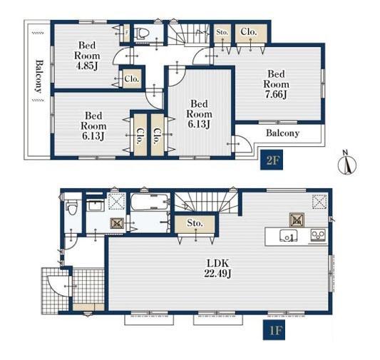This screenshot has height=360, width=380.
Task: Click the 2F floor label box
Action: click(x=272, y=160)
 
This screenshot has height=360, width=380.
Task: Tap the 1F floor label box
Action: click(x=274, y=330)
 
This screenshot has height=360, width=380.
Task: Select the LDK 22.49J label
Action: click(x=217, y=268)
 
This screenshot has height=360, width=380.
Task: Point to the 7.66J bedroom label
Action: click(x=277, y=84)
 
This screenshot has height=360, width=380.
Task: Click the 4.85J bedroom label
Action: click(x=87, y=56)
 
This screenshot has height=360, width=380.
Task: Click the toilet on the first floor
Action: click(x=72, y=208)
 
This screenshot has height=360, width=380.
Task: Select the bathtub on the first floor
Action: click(x=150, y=202)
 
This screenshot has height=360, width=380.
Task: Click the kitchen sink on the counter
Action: click(x=289, y=236)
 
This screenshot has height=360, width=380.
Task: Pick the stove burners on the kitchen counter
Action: click(x=318, y=235)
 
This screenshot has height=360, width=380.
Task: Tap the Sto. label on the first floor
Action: click(x=195, y=223)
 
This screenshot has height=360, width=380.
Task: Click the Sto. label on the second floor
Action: click(x=222, y=32)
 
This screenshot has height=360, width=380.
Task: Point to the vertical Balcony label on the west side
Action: click(x=38, y=76)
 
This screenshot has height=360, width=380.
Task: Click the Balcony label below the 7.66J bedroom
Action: click(x=282, y=133)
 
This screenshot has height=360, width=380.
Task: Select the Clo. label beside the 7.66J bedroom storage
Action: click(x=248, y=32)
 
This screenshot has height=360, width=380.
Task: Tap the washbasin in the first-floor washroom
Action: click(x=96, y=206)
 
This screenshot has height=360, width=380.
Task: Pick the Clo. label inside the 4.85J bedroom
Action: click(x=132, y=79)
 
